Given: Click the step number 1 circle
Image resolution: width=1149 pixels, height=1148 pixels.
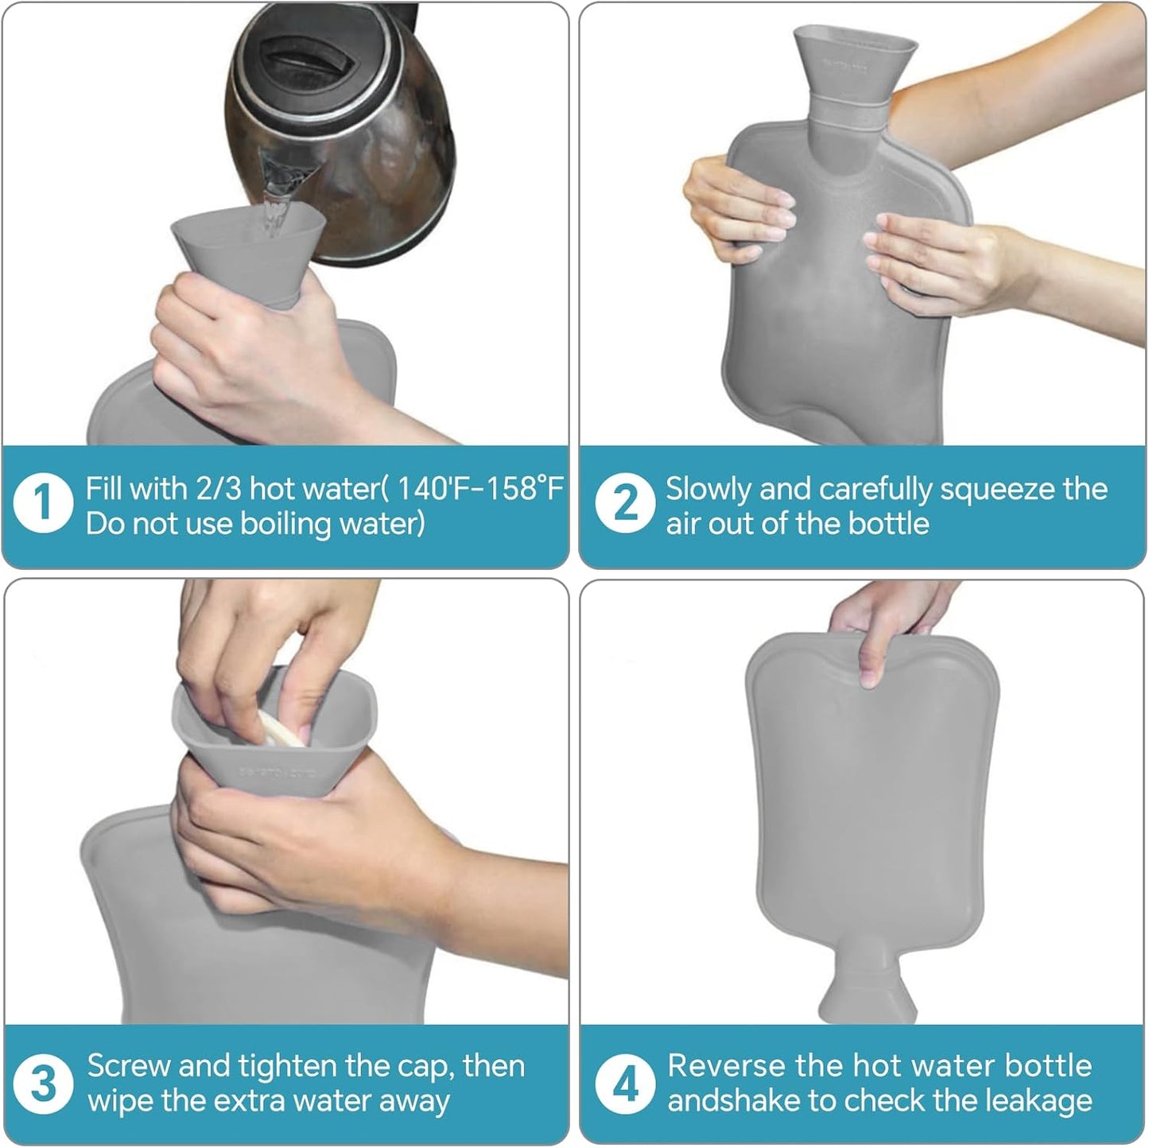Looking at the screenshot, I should (43, 505).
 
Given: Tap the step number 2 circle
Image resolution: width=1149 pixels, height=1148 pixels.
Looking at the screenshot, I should (625, 505).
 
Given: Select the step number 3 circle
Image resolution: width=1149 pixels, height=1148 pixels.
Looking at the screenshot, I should (43, 1084).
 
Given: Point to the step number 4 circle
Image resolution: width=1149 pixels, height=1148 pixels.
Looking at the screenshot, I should (625, 1084).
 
